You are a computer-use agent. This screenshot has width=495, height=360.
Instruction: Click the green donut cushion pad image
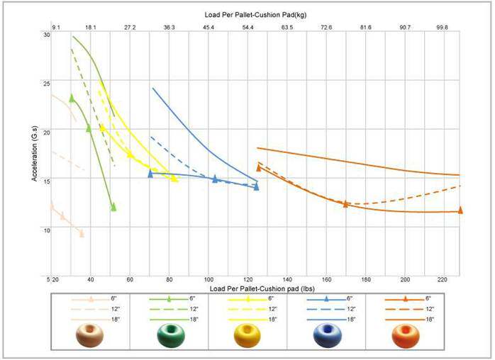[170, 336]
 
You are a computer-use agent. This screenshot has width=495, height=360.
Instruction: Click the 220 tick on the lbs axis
[445, 279]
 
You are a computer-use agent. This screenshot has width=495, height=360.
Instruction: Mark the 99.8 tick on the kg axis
[442, 28]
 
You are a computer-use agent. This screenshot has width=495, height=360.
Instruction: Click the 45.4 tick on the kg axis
[209, 28]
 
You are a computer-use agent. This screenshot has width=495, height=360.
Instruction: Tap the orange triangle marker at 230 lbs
[460, 210]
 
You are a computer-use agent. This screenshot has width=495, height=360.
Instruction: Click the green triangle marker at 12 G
[113, 207]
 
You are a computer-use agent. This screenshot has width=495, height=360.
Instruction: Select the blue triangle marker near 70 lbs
[150, 174]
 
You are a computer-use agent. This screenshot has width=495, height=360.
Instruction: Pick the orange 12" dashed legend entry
[405, 309]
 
